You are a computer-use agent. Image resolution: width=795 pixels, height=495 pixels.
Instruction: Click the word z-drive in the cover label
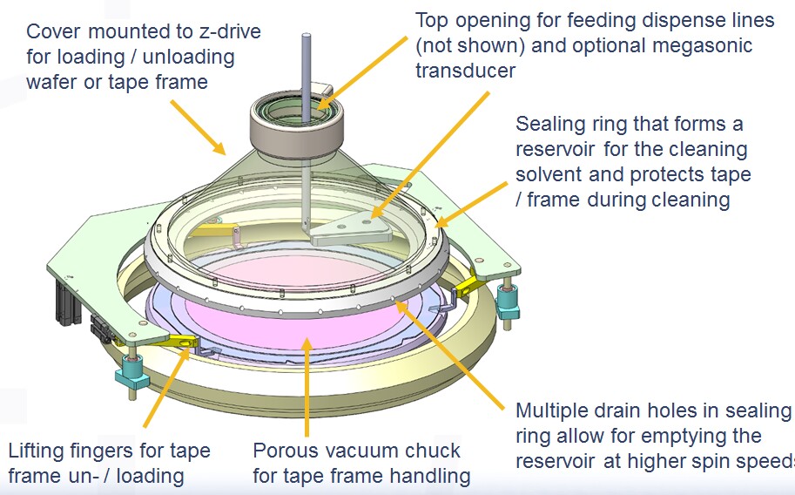click(221, 32)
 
